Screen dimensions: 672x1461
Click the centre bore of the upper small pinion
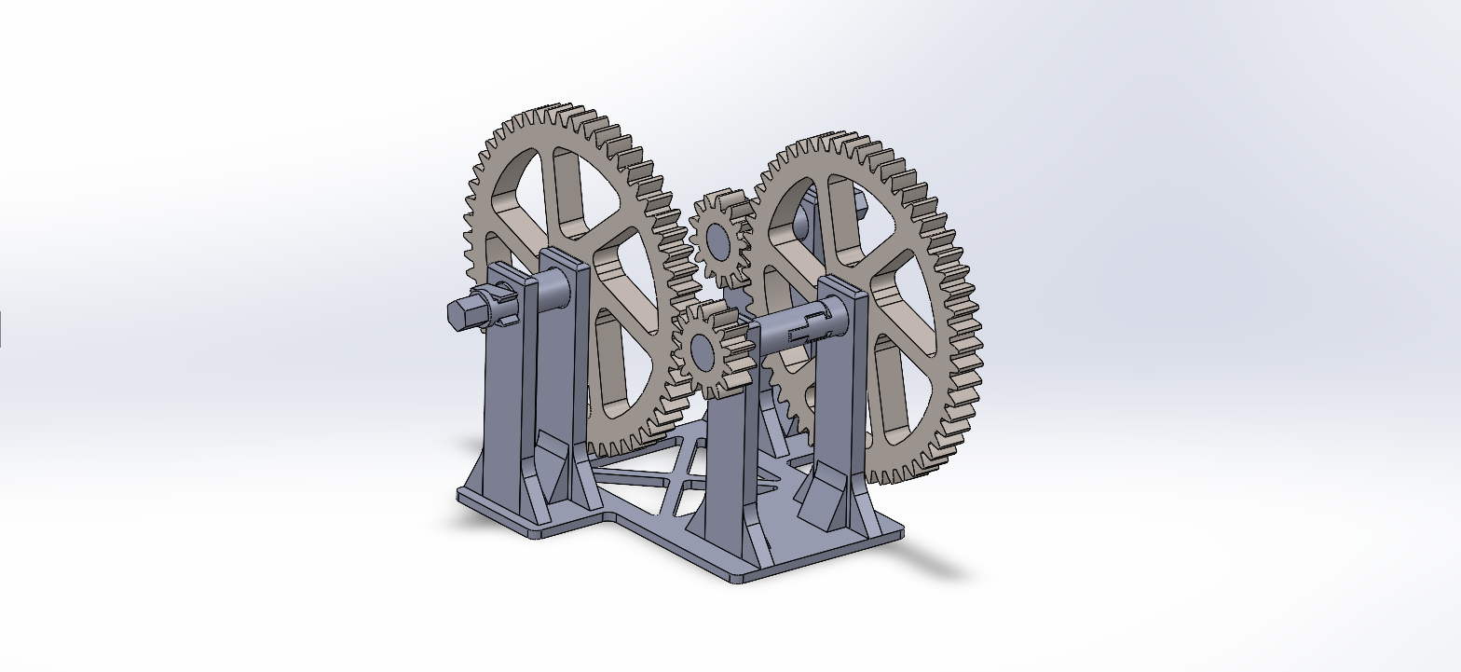718,241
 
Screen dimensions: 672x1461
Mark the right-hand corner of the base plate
902,531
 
